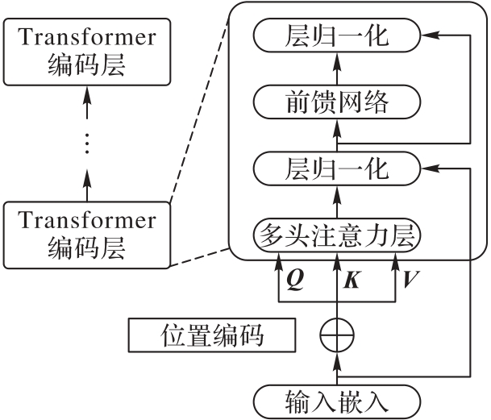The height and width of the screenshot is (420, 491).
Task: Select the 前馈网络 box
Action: (338, 102)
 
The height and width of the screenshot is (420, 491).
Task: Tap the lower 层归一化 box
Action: (338, 169)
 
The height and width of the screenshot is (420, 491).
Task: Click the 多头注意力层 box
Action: (338, 235)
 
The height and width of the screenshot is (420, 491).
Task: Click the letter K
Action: (352, 280)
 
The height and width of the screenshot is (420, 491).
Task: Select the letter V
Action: (412, 280)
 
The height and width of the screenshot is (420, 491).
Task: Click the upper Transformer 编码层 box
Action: (87, 50)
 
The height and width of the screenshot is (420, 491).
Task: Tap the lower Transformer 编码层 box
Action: (87, 234)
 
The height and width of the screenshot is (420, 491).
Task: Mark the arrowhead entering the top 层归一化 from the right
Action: (430, 35)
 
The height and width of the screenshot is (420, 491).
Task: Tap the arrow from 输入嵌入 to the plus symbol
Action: (338, 367)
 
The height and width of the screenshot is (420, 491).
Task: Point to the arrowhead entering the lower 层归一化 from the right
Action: (430, 169)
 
